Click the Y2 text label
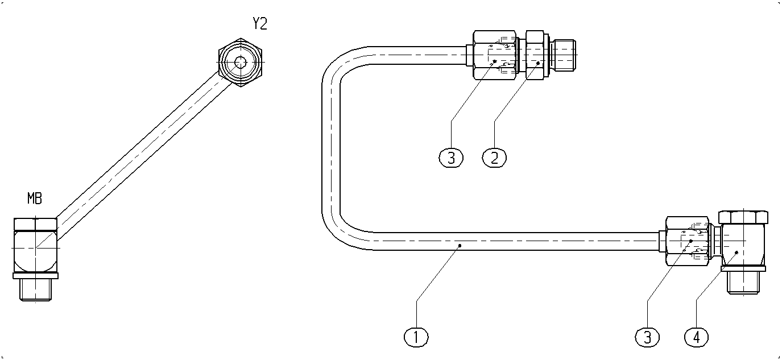point(260,24)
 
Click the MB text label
point(35,198)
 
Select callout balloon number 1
point(416,337)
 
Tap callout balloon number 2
point(494,158)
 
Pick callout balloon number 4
point(697,337)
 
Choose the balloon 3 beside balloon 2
point(451,158)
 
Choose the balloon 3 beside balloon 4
point(647,337)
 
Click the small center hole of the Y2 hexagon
point(240,63)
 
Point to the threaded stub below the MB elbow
point(36,289)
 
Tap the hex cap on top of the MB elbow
point(35,224)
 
